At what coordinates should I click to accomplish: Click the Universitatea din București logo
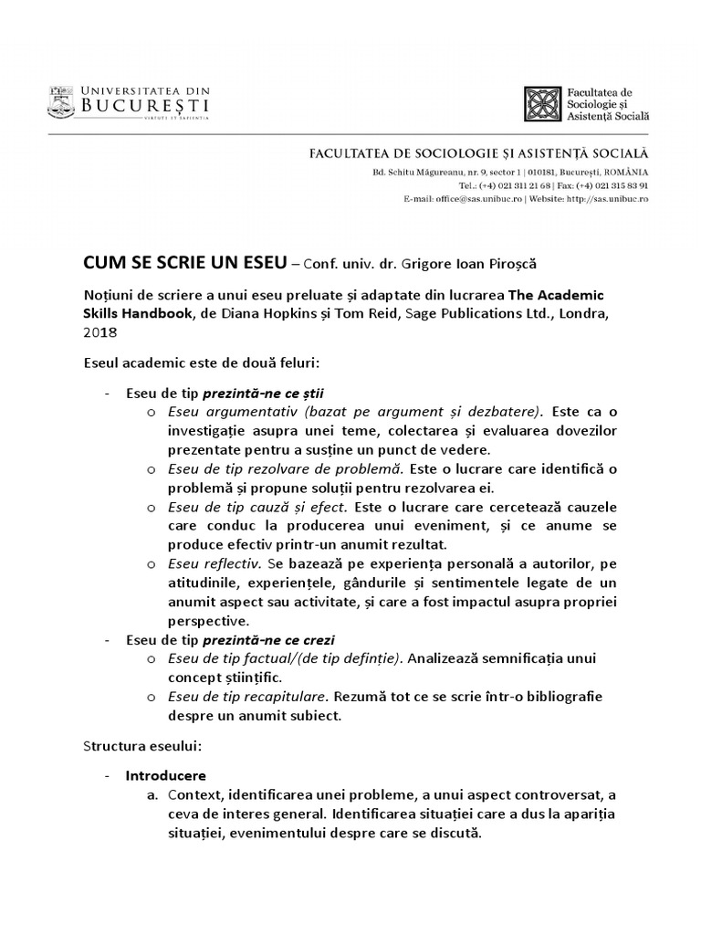[129, 101]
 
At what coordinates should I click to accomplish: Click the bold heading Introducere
[167, 775]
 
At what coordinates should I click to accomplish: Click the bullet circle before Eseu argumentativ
[151, 413]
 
